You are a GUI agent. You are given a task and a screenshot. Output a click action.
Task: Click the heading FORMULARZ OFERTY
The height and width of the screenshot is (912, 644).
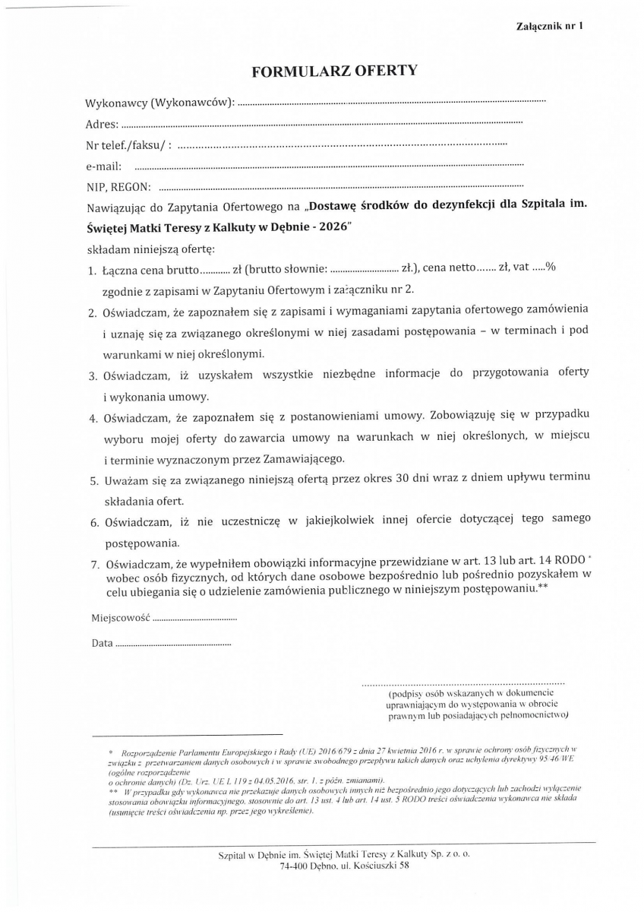pyautogui.click(x=335, y=71)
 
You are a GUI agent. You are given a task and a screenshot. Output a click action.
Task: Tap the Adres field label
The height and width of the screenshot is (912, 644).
pyautogui.click(x=102, y=123)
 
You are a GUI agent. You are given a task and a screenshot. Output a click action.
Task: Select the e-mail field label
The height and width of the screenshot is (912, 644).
pyautogui.click(x=105, y=166)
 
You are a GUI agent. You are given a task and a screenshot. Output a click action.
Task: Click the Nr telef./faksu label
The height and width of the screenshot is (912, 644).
pyautogui.click(x=129, y=144)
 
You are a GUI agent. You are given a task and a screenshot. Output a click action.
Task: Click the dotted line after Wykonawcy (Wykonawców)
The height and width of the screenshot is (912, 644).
pyautogui.click(x=391, y=102)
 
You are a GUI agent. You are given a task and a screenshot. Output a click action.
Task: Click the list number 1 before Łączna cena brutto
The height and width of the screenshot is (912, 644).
pyautogui.click(x=92, y=269)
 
